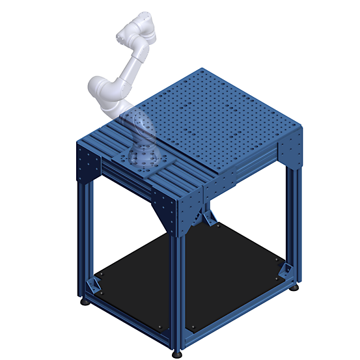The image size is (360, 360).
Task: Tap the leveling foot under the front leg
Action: point(178,354)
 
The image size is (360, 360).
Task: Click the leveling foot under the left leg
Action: point(85,301)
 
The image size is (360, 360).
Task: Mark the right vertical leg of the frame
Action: point(296,221)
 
